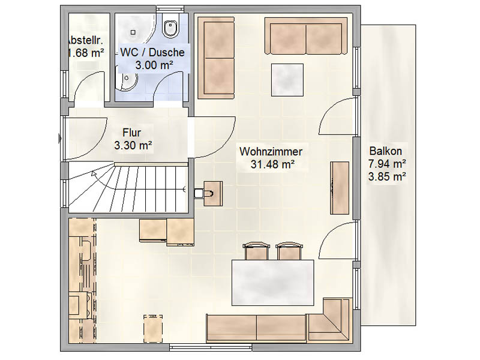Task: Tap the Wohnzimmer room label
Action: click(x=270, y=152)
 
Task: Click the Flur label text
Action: click(x=133, y=132)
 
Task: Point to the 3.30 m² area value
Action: click(x=133, y=145)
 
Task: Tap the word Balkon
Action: click(x=386, y=151)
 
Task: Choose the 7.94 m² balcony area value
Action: click(x=387, y=164)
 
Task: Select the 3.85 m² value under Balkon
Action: click(x=387, y=176)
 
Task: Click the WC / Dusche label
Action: click(x=152, y=52)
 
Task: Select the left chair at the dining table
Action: click(x=257, y=251)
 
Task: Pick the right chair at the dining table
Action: click(x=289, y=251)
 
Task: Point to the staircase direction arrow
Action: click(x=94, y=175)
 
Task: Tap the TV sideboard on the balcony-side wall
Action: click(x=340, y=188)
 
